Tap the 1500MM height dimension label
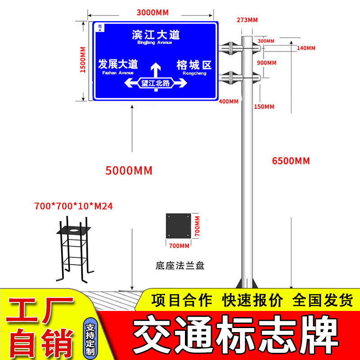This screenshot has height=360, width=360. tap(83, 61)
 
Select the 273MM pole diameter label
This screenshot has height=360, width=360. tap(246, 19)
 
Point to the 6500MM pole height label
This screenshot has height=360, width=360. tap(291, 161)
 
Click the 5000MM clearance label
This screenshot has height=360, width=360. tap(129, 171)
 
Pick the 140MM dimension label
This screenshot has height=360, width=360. tap(306, 48)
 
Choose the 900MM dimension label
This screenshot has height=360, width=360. tap(266, 63)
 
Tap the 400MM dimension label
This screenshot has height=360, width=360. tap(228, 101)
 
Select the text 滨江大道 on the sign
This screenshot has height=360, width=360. tap(156, 35)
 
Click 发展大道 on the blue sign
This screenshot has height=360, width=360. tap(118, 64)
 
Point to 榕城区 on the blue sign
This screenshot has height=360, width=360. tap(194, 65)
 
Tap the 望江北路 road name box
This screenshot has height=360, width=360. tap(156, 83)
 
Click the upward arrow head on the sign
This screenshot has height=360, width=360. tap(156, 67)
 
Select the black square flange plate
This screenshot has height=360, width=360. tap(179, 225)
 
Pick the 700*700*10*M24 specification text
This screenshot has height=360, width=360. tap(73, 206)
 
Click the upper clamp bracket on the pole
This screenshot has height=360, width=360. tap(230, 47)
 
